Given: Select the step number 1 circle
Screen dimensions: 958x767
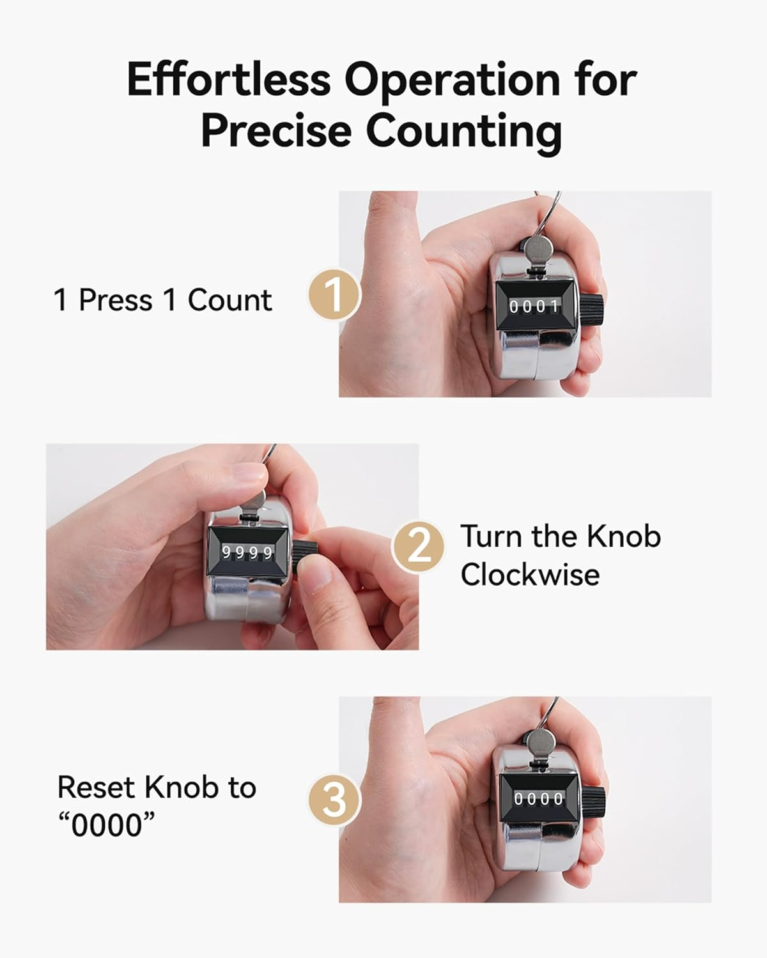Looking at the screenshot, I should (x=333, y=295).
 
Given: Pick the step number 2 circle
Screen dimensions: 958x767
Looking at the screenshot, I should (x=418, y=547).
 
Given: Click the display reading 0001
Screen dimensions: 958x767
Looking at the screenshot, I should (x=533, y=307).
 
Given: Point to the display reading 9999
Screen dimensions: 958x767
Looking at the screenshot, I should (x=247, y=553).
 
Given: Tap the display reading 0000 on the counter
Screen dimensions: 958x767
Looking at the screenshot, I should (x=538, y=799).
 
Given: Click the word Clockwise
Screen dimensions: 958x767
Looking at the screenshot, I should (x=530, y=575).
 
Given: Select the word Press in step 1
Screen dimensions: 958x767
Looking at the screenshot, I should (x=115, y=300).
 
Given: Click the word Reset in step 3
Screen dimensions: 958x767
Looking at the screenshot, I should (x=96, y=787).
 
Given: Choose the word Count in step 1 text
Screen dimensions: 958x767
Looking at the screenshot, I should (x=229, y=300).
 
